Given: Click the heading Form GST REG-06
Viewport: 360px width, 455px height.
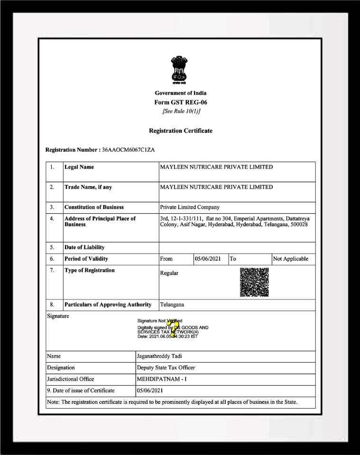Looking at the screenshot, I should coord(181,102).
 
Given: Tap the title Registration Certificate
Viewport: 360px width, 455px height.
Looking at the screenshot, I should coord(181,131).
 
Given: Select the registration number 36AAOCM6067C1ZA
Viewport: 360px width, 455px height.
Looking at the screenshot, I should coord(128,150).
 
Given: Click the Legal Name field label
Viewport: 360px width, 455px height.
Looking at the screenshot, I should coord(79,167).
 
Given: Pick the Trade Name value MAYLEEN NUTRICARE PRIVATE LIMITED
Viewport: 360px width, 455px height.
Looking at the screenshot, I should coord(216,187).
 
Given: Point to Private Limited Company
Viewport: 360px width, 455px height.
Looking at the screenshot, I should coord(190,207).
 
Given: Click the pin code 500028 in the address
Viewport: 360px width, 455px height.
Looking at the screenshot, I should coord(298,224).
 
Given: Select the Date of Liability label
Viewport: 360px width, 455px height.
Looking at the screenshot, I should coord(84,247).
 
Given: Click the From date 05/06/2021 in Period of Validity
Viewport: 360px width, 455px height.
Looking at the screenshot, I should coord(208,259).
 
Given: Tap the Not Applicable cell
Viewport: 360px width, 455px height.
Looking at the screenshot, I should coord(291,259).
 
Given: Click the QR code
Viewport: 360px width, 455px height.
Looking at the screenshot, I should coord(254,282).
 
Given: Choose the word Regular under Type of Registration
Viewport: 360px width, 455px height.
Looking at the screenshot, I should coord(169,273).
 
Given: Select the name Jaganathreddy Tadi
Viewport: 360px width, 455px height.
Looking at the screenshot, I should coord(161,356).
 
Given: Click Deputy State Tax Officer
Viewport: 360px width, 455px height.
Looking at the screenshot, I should coord(166,367).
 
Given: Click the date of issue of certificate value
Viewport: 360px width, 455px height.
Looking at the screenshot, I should coord(149,391).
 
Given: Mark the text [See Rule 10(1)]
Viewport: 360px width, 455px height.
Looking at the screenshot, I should coord(181,111).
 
